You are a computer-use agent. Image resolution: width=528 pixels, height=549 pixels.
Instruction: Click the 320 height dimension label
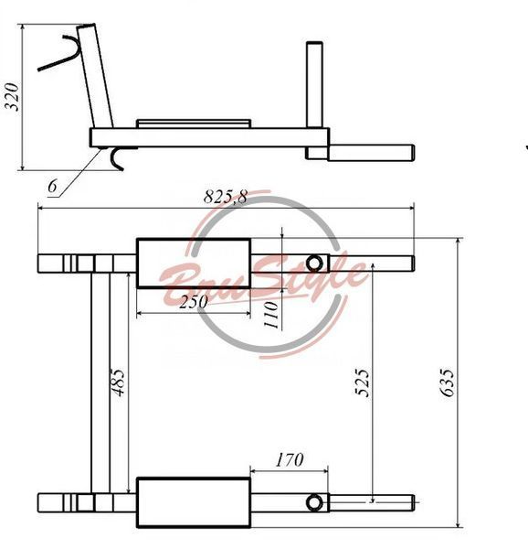(11, 97)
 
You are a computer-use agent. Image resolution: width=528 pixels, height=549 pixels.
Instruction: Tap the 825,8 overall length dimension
(226, 197)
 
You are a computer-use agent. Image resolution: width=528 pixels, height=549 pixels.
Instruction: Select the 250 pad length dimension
(194, 302)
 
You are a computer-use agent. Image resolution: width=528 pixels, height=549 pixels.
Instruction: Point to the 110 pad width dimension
(271, 315)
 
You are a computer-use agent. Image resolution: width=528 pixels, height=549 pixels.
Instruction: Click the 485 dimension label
(118, 382)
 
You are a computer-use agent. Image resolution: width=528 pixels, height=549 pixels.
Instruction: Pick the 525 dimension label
(362, 382)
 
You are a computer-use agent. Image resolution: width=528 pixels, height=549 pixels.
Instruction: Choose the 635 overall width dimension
(448, 382)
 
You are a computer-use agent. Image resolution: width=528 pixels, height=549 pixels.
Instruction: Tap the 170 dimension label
(290, 460)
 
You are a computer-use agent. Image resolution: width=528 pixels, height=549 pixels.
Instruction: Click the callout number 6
(52, 186)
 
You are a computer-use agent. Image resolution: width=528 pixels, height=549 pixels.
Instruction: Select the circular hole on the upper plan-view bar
(314, 264)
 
